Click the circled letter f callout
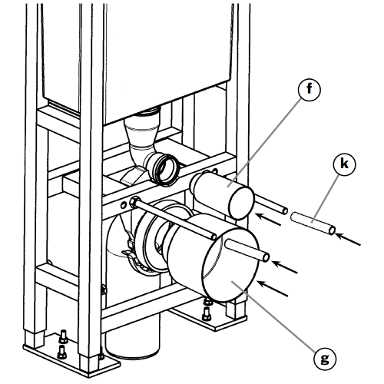click(310, 89)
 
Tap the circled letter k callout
click(345, 164)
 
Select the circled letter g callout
click(325, 359)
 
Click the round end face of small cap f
click(241, 203)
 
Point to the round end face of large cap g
click(230, 265)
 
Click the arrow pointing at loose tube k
click(348, 239)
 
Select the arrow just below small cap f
click(268, 220)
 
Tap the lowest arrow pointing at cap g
click(273, 289)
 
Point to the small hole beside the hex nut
click(124, 205)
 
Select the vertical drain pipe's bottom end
click(132, 353)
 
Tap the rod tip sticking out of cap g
click(266, 257)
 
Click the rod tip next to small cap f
click(284, 211)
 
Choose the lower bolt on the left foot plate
click(62, 353)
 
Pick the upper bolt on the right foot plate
click(208, 301)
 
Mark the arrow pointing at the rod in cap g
click(284, 267)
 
